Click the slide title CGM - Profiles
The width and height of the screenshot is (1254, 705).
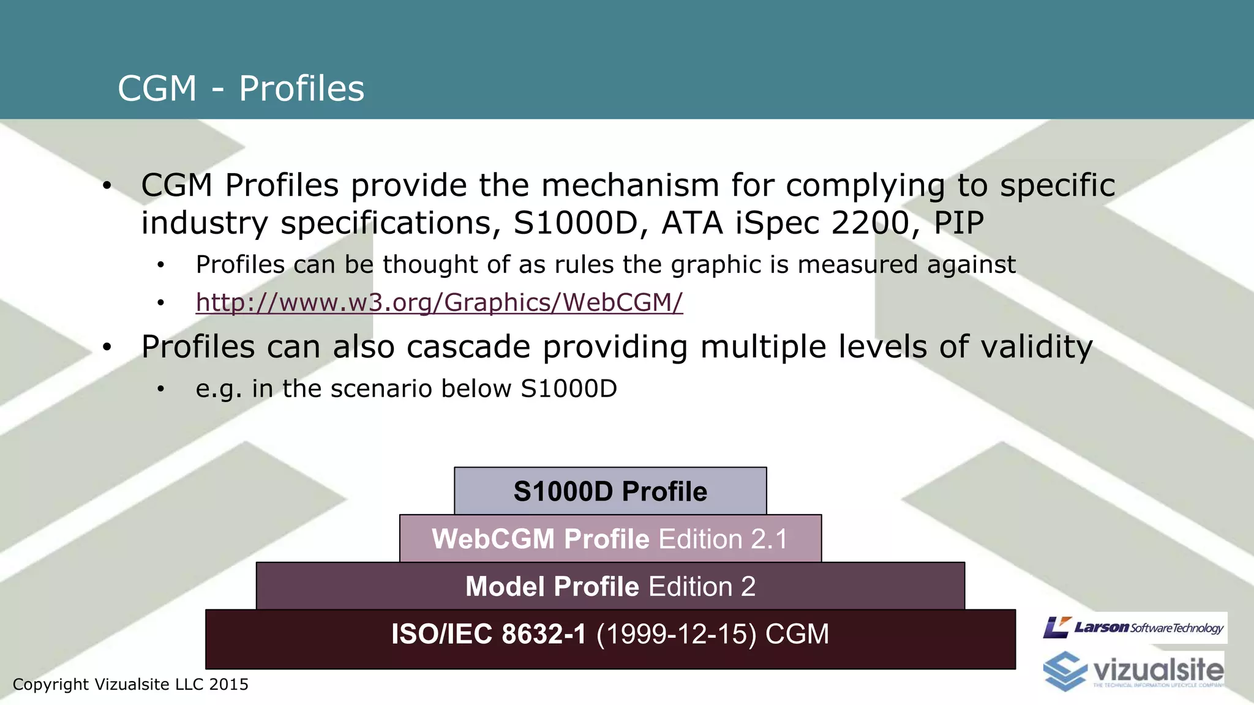pyautogui.click(x=241, y=89)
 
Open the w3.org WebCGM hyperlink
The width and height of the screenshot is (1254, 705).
pyautogui.click(x=439, y=302)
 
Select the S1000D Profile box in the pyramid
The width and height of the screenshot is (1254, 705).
pyautogui.click(x=610, y=491)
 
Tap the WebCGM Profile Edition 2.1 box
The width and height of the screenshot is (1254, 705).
pyautogui.click(x=610, y=539)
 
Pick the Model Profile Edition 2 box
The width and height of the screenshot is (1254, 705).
pyautogui.click(x=610, y=586)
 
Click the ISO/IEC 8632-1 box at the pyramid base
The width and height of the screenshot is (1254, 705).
pyautogui.click(x=610, y=639)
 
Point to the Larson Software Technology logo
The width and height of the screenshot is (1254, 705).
pyautogui.click(x=1134, y=627)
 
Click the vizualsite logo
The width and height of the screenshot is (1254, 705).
pyautogui.click(x=1134, y=671)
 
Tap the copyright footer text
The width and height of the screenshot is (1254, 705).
pyautogui.click(x=130, y=684)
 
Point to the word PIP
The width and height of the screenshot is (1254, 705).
pyautogui.click(x=958, y=223)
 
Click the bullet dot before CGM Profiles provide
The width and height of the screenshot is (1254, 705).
pyautogui.click(x=107, y=186)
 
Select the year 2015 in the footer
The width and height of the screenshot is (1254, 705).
pyautogui.click(x=228, y=684)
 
